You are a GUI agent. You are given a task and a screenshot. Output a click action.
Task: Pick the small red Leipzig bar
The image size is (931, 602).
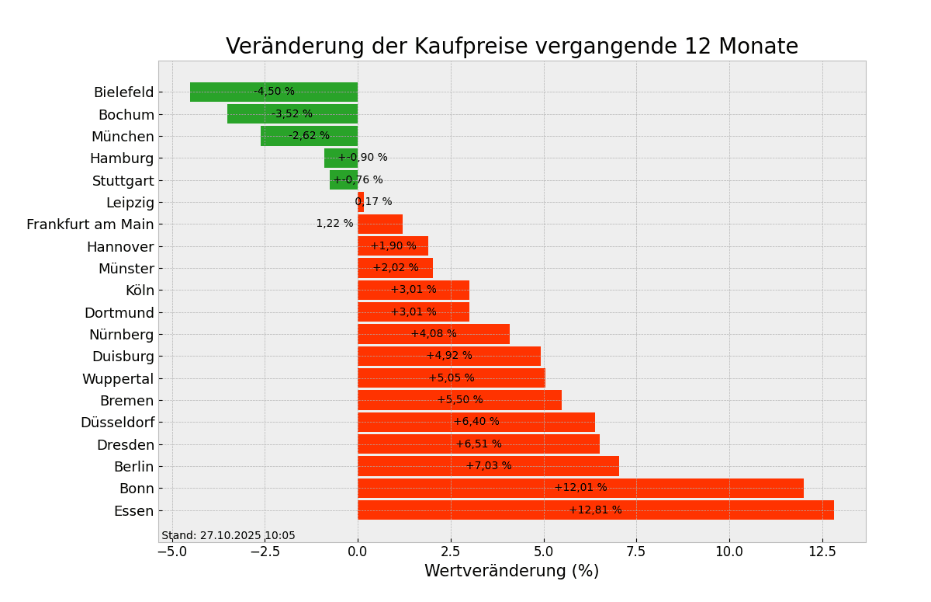click(361, 202)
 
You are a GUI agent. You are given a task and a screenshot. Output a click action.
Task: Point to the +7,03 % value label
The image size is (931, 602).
click(489, 466)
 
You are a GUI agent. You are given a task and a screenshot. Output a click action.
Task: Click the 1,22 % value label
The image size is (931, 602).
click(334, 224)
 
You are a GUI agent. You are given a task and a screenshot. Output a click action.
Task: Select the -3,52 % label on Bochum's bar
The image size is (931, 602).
click(292, 114)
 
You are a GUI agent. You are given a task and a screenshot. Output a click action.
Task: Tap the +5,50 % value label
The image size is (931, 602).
click(459, 400)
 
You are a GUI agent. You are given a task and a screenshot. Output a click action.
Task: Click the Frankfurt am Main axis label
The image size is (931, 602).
click(90, 224)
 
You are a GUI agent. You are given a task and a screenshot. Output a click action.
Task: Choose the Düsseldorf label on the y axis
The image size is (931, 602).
click(117, 423)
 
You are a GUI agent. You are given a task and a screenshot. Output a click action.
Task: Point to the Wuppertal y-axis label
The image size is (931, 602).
click(118, 379)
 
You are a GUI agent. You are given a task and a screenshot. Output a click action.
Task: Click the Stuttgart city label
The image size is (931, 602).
click(123, 181)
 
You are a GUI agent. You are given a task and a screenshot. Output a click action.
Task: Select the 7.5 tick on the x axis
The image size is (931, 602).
click(636, 552)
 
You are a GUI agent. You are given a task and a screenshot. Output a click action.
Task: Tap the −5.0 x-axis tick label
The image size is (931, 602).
click(172, 552)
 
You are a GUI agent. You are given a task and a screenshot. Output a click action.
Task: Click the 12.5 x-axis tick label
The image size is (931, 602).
click(822, 552)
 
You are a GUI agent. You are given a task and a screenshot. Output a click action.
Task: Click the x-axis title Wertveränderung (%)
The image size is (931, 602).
click(511, 572)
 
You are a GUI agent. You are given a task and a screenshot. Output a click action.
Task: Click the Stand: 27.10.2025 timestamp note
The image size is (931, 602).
click(228, 536)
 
